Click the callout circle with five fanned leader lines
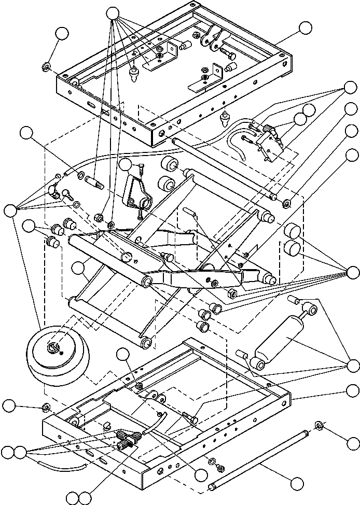click(x=114, y=14)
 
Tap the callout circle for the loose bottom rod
click(x=298, y=483)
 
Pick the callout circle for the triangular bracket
click(x=125, y=165)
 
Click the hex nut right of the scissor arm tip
click(x=232, y=293)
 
